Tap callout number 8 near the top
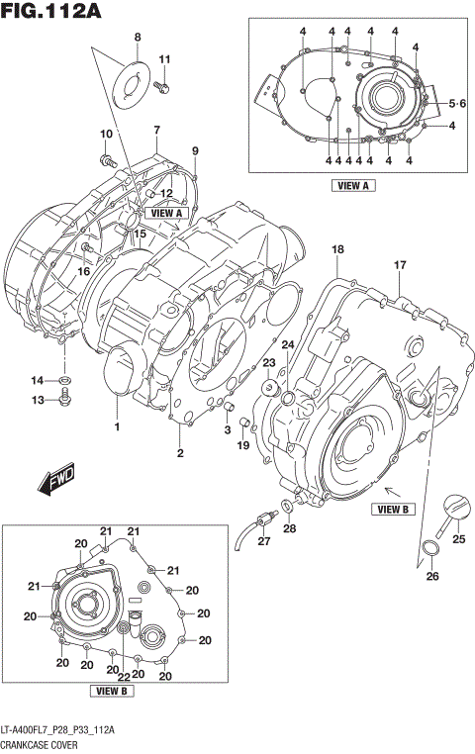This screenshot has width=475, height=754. (x=138, y=38)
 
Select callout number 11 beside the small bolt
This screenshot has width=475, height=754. (x=165, y=58)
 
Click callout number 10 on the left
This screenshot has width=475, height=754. (x=105, y=134)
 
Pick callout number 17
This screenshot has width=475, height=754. (x=400, y=265)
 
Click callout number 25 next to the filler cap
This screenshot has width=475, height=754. (x=458, y=539)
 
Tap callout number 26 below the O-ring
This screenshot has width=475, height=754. (x=431, y=576)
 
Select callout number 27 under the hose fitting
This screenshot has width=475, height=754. (x=263, y=541)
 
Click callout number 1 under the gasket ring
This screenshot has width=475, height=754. (x=116, y=427)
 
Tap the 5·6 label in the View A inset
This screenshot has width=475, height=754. (x=456, y=104)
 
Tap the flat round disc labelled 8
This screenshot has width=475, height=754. (x=129, y=78)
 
